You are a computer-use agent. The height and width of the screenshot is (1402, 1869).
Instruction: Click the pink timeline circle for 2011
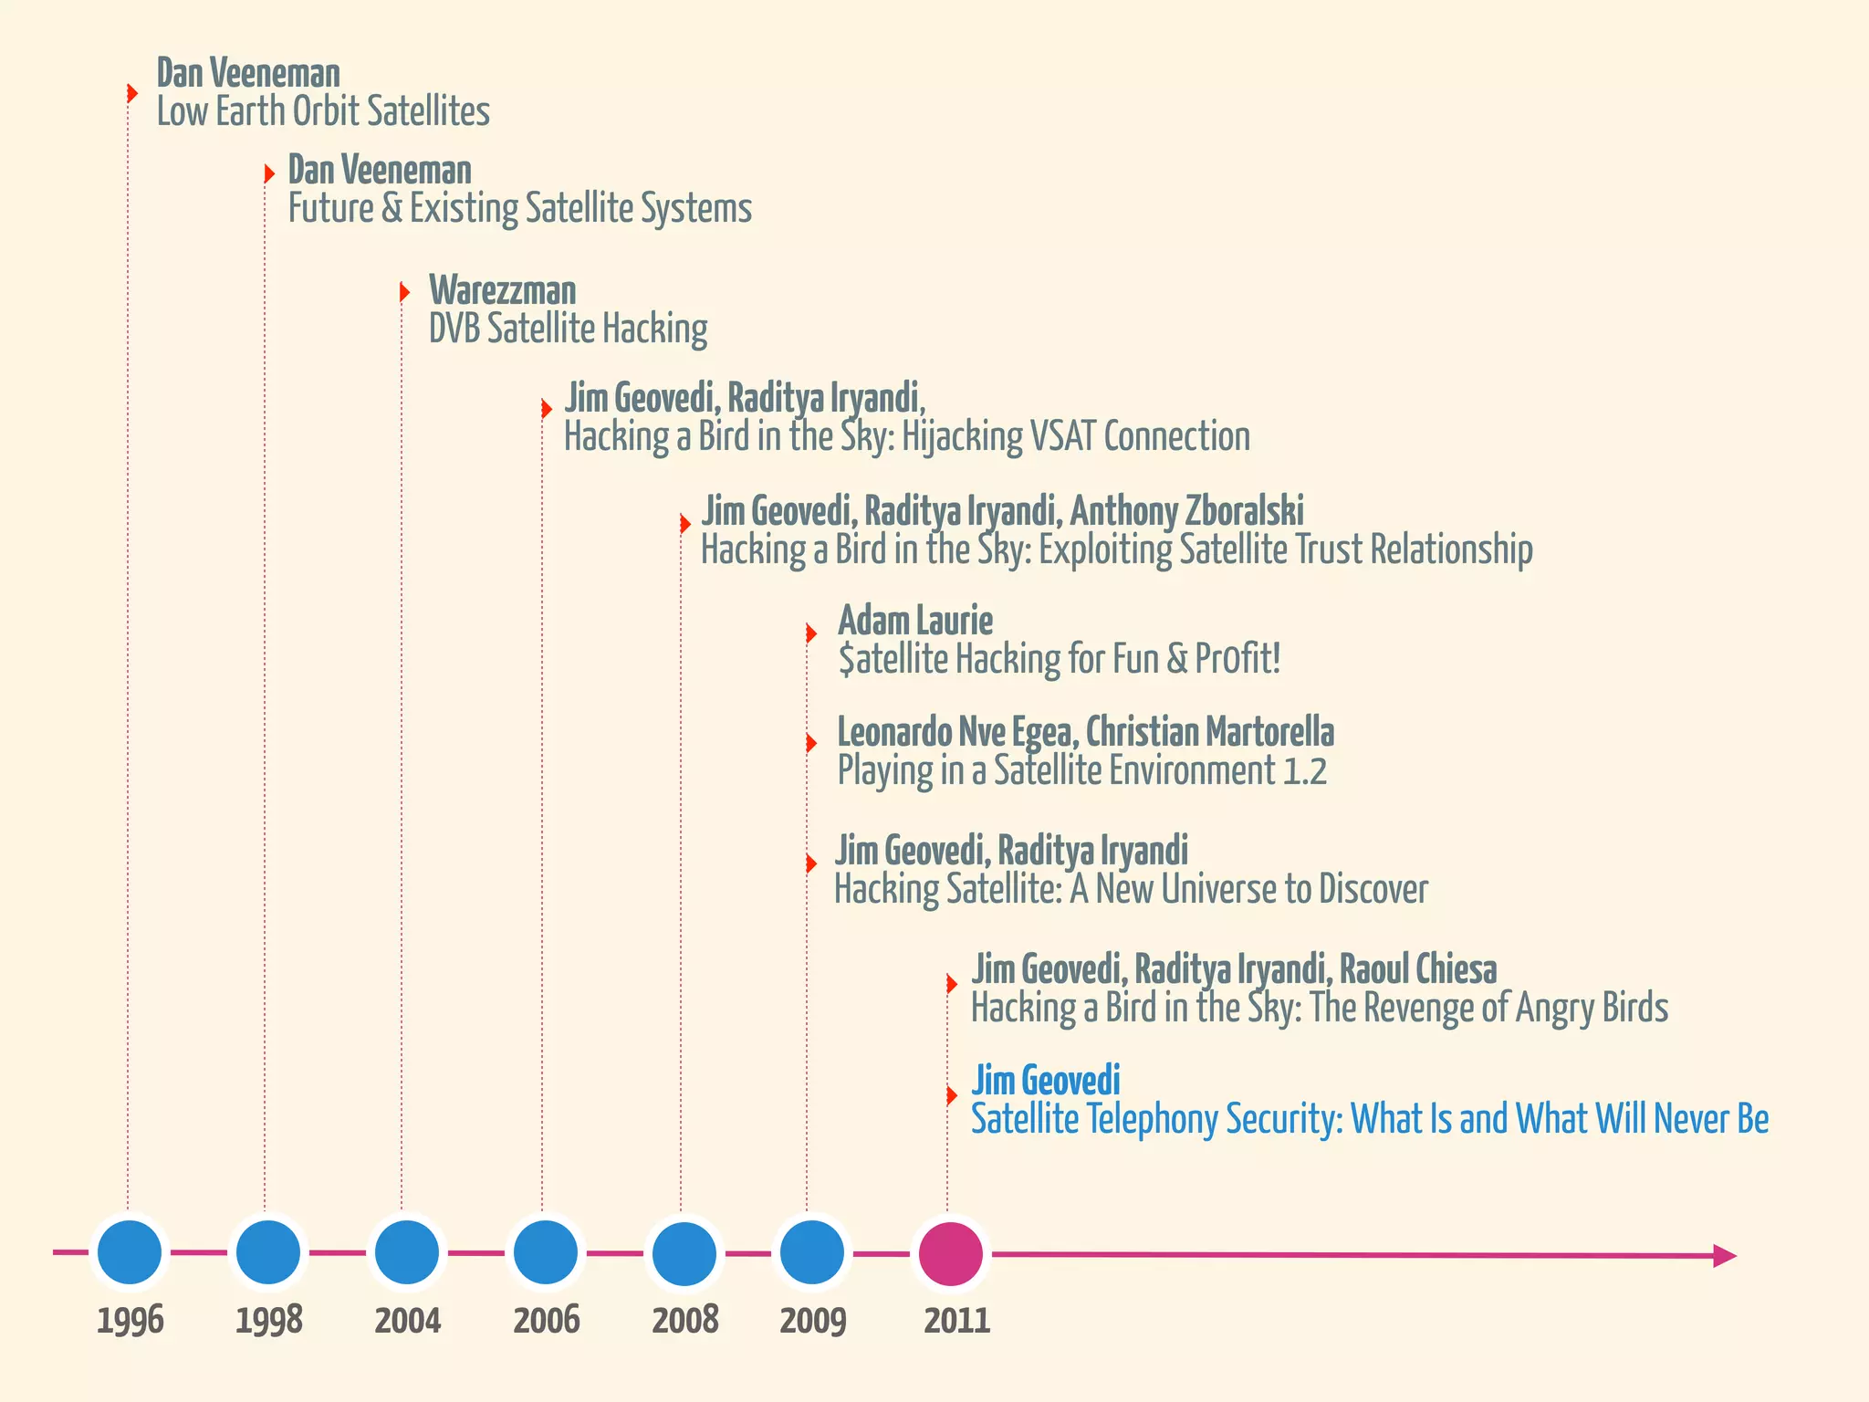pos(950,1254)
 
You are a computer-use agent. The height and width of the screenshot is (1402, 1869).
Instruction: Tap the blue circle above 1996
pos(130,1252)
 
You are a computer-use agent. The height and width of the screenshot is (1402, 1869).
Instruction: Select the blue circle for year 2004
pos(407,1252)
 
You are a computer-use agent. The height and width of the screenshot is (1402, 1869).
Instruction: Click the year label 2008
pos(685,1321)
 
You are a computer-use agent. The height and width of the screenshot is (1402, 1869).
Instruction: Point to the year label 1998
pos(268,1321)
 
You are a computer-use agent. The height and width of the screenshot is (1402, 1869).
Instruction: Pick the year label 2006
pos(546,1321)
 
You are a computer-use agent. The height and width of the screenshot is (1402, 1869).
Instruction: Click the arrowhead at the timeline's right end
pos(1724,1256)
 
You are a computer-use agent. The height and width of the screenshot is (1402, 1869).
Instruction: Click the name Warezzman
pos(502,291)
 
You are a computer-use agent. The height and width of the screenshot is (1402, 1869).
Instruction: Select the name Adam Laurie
pos(915,621)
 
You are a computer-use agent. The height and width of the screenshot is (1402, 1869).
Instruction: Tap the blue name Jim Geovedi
pos(1046,1081)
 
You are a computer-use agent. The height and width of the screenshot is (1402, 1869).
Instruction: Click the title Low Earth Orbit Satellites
pos(323,112)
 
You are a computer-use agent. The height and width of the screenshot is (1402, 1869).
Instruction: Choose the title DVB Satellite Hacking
pos(568,330)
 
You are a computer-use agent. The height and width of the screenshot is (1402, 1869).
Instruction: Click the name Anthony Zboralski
pos(1186,511)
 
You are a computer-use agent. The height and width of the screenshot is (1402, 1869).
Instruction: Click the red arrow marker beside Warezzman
pos(404,292)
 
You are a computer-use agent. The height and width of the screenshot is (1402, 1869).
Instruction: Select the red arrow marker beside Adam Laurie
pos(810,633)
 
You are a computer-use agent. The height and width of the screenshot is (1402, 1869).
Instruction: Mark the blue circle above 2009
pos(812,1252)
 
